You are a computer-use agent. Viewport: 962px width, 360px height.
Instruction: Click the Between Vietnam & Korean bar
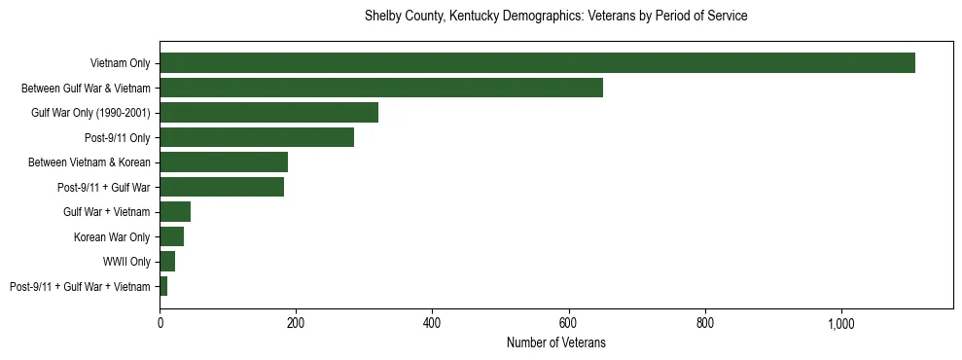(x=224, y=162)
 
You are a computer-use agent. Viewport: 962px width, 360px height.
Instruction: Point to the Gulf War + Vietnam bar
(x=175, y=212)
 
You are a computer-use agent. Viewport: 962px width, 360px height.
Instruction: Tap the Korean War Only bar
(x=172, y=236)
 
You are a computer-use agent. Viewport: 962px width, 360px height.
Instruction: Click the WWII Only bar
(x=167, y=262)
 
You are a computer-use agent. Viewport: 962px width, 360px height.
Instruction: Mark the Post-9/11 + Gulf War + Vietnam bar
(x=163, y=286)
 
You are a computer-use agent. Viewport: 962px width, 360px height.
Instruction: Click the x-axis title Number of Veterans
(x=556, y=343)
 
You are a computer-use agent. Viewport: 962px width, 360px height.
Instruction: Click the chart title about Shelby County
(x=556, y=17)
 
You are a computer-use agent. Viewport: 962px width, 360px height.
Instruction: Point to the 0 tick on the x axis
(x=160, y=323)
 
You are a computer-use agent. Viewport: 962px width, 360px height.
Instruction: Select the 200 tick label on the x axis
(x=296, y=323)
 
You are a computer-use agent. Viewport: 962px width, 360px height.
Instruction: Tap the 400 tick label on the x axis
(x=432, y=323)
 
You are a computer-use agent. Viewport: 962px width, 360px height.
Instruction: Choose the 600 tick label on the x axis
(x=568, y=323)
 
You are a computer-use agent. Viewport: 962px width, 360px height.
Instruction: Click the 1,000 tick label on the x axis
(x=840, y=323)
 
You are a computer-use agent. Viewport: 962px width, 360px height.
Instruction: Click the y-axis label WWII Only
(x=126, y=262)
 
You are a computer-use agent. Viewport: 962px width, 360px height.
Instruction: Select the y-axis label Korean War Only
(x=112, y=236)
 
